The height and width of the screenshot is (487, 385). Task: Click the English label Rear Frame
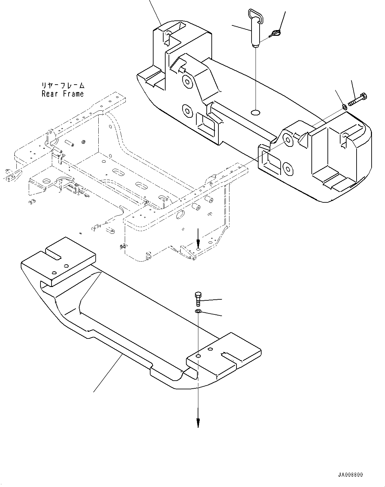pos(63,94)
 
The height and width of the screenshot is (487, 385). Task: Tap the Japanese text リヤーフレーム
pos(63,86)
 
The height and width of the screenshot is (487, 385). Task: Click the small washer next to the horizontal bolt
pos(344,107)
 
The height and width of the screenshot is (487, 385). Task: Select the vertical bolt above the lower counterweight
pos(197,298)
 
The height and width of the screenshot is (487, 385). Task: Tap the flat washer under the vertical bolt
pos(198,312)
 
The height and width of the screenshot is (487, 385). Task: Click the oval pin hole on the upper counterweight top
pos(256,112)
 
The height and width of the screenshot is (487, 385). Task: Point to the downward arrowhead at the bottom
pos(198,423)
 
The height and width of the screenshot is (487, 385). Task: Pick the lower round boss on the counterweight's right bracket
pos(287,167)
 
